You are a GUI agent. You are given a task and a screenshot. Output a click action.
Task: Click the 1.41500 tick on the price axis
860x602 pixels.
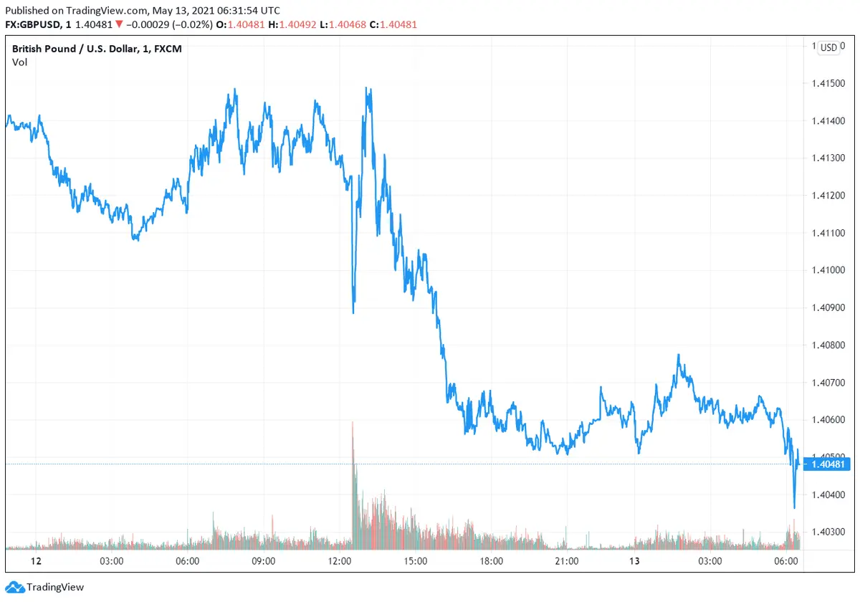(x=828, y=83)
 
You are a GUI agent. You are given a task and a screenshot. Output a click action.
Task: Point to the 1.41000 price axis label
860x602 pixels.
(x=828, y=270)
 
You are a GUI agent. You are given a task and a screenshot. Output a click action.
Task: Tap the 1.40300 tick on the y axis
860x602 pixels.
(x=828, y=532)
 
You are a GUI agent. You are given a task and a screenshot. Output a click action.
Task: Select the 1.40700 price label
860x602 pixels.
(x=828, y=383)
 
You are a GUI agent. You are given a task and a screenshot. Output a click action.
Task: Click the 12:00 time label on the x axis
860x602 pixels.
(x=340, y=560)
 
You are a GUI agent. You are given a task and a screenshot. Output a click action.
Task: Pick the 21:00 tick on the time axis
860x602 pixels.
(x=567, y=560)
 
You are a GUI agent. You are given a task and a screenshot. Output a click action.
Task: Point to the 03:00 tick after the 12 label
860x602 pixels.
(x=113, y=560)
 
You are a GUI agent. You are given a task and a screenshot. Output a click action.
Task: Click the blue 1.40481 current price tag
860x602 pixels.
(x=830, y=464)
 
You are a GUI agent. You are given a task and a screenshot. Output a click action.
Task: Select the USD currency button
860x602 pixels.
(x=828, y=47)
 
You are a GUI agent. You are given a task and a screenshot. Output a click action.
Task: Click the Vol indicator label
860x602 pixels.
(x=19, y=62)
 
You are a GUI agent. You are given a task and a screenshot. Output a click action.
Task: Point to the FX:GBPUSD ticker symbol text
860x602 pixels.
(x=34, y=24)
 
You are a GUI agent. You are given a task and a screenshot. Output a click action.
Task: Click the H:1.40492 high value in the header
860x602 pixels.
(x=293, y=24)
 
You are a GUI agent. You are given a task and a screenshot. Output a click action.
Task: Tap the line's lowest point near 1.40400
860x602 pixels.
(x=794, y=507)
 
